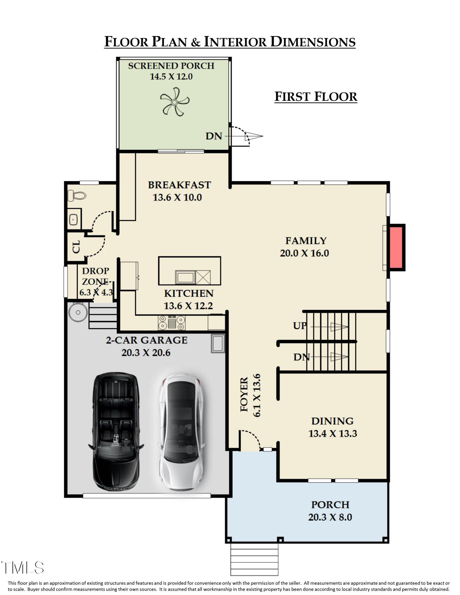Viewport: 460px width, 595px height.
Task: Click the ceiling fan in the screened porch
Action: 174,102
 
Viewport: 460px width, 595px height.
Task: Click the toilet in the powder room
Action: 77,195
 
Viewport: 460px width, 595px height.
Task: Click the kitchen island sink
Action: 185,277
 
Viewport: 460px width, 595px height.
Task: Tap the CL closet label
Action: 76,247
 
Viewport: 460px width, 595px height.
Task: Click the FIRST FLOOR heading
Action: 316,97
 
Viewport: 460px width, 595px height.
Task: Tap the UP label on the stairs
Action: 300,325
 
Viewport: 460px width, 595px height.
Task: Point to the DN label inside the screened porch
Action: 214,136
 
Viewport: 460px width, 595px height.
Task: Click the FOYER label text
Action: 244,394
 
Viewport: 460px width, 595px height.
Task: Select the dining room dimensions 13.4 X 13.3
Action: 333,433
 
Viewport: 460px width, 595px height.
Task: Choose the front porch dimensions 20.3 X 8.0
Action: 330,517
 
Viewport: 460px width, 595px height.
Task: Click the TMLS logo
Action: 23,568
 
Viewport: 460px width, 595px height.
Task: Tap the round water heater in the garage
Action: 78,312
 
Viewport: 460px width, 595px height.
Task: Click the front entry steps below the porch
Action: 254,560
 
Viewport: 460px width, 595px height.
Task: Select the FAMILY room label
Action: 306,240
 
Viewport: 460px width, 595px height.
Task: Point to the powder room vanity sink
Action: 74,220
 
